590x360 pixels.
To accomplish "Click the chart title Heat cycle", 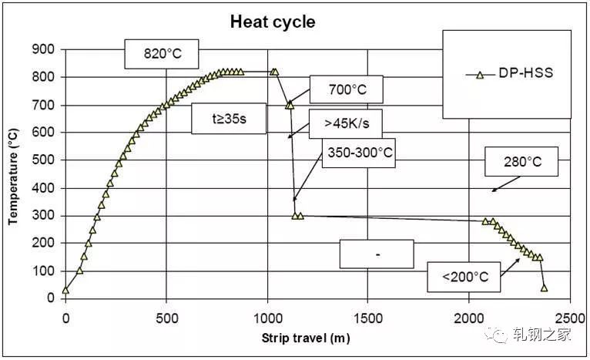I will point(273,22).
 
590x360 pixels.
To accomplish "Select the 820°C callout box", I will point(162,54).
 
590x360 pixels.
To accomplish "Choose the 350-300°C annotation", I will point(360,153).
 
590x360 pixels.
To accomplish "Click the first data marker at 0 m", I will point(65,290).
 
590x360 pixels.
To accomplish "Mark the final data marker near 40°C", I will point(544,288).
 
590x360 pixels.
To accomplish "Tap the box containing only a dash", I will point(377,254).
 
